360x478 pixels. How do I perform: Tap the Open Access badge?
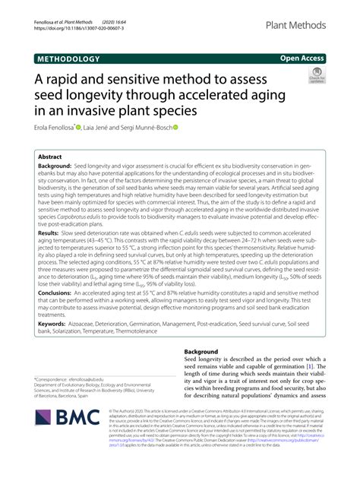click(x=302, y=57)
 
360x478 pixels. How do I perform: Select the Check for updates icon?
click(x=315, y=75)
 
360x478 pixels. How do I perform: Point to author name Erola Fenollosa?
click(x=62, y=128)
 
